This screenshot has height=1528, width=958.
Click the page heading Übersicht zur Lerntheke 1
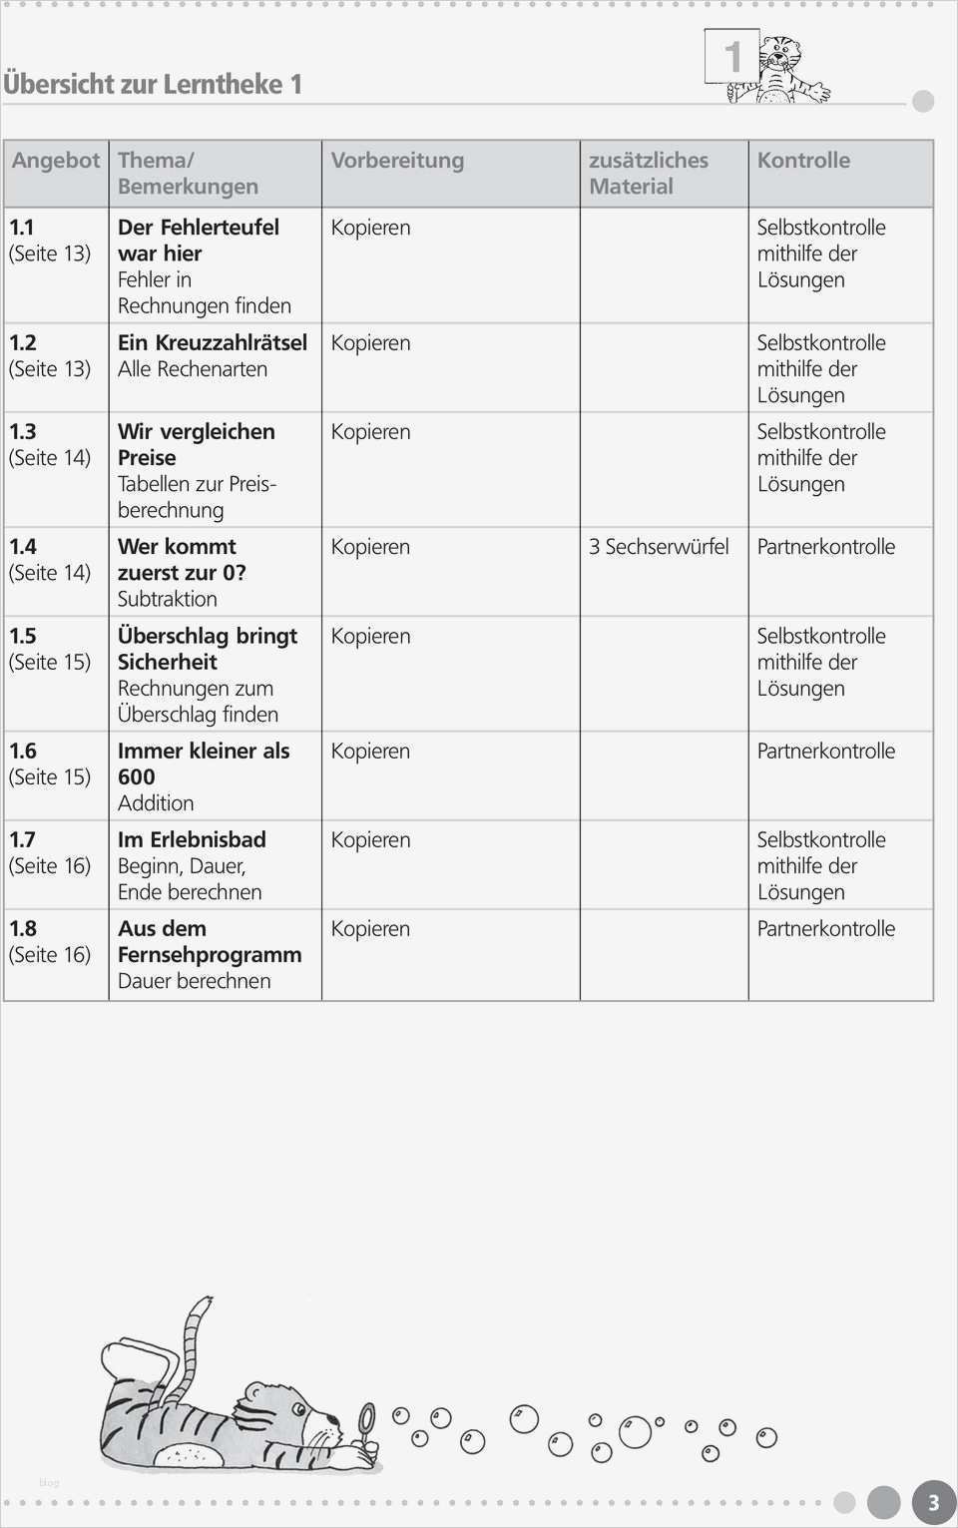153,84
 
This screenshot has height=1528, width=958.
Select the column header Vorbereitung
397,161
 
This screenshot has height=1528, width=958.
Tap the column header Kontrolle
803,161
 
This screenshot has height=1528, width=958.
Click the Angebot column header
56,161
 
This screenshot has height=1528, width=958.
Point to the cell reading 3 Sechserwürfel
659,547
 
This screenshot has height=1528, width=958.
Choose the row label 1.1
22,228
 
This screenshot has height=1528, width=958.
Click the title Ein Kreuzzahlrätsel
213,343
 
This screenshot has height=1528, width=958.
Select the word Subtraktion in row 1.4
167,599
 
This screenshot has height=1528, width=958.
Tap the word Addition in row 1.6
156,803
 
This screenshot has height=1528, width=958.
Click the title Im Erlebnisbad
192,840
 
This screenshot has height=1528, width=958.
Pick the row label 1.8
23,929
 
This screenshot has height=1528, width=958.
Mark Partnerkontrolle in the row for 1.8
825,929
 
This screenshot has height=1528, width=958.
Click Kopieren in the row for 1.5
370,637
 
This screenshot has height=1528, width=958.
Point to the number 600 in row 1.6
137,777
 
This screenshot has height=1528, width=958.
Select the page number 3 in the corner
933,1503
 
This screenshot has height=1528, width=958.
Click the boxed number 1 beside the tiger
731,56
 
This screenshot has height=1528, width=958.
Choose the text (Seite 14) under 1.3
50,458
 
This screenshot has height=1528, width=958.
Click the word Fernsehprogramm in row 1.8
210,955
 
